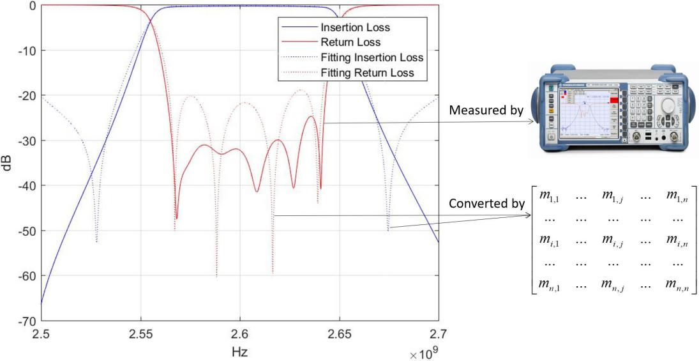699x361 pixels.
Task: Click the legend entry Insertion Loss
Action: [x=355, y=28]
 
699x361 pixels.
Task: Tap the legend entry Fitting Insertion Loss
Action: [x=372, y=58]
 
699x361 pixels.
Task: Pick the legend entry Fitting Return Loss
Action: [x=368, y=73]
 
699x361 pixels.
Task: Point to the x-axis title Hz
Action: [x=240, y=350]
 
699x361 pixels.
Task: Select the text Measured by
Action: [x=486, y=110]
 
